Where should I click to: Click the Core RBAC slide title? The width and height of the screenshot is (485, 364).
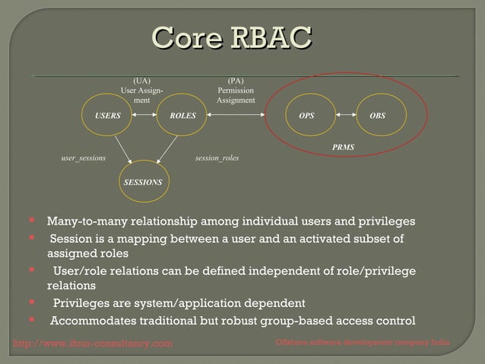pyautogui.click(x=233, y=38)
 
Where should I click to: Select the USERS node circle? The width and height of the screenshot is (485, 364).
pyautogui.click(x=108, y=116)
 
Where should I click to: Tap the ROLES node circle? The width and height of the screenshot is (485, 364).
pyautogui.click(x=182, y=116)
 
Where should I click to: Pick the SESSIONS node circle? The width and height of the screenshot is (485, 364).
pyautogui.click(x=143, y=183)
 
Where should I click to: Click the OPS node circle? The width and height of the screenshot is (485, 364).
pyautogui.click(x=306, y=116)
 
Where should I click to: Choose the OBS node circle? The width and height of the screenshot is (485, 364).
pyautogui.click(x=377, y=116)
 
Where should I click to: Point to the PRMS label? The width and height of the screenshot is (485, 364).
pyautogui.click(x=344, y=145)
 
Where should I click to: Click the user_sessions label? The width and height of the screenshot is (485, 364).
pyautogui.click(x=83, y=158)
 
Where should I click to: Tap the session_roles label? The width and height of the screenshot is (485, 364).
pyautogui.click(x=217, y=158)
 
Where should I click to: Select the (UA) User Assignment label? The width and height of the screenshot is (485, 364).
pyautogui.click(x=141, y=90)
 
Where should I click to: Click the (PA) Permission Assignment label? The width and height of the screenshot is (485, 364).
pyautogui.click(x=236, y=90)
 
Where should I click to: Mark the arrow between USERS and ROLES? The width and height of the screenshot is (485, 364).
pyautogui.click(x=145, y=116)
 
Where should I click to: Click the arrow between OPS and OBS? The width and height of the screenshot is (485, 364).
pyautogui.click(x=342, y=116)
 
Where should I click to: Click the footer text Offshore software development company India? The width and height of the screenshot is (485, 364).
pyautogui.click(x=363, y=344)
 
